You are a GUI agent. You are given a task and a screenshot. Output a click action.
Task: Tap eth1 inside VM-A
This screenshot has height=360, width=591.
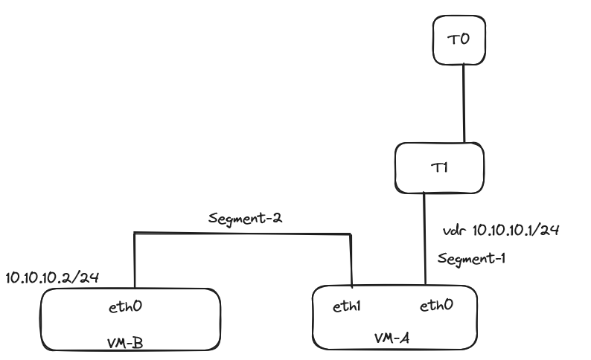[x=348, y=306]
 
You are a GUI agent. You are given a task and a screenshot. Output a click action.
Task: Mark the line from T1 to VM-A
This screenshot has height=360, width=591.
[x=424, y=238]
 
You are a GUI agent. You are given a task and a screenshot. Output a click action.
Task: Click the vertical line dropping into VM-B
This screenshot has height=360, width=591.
[x=134, y=260]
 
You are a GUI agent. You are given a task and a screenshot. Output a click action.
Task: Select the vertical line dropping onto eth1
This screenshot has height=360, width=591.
[x=351, y=260]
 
